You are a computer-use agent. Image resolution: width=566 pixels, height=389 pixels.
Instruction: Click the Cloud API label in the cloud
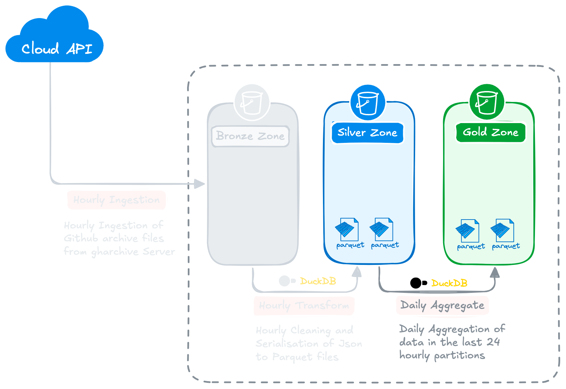click(57, 49)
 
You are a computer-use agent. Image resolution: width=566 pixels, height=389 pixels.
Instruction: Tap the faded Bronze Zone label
click(250, 136)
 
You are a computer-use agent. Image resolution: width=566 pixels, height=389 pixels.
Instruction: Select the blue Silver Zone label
click(367, 133)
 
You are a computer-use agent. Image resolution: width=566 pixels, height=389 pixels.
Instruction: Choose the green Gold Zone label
click(490, 132)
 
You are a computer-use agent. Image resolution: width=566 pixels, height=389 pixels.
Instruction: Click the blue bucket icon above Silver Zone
click(368, 102)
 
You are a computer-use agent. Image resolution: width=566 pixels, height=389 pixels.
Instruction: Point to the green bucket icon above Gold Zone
click(487, 102)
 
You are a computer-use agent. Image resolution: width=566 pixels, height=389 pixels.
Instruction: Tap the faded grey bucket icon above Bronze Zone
click(252, 102)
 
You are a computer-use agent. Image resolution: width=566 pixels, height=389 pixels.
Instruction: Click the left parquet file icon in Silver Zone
click(347, 229)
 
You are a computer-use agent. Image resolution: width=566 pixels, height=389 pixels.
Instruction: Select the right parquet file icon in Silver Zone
click(381, 229)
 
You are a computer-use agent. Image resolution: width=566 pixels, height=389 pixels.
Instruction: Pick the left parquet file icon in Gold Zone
click(467, 230)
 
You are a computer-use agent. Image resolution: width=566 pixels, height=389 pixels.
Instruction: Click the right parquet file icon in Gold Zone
click(502, 230)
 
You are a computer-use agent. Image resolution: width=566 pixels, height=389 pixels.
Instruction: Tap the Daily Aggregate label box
click(442, 305)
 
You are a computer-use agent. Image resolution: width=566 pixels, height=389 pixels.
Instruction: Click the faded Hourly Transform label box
click(304, 305)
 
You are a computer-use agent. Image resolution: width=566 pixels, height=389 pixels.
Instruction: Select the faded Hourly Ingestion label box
click(116, 200)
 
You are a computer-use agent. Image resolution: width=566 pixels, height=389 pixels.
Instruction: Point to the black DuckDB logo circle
click(416, 283)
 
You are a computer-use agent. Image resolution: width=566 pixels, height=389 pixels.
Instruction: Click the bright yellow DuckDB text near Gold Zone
click(449, 283)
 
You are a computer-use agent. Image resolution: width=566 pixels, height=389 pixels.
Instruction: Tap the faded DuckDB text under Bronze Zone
click(318, 281)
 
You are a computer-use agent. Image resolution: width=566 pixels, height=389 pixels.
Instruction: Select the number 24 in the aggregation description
click(493, 342)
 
